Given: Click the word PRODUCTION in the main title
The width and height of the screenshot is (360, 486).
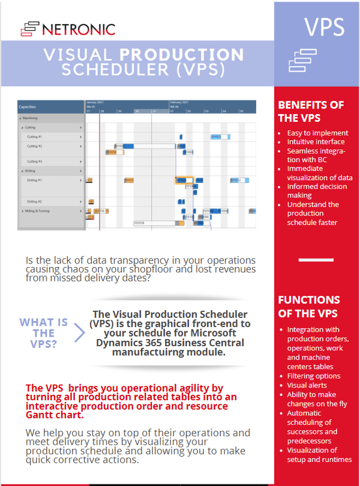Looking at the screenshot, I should [x=182, y=55].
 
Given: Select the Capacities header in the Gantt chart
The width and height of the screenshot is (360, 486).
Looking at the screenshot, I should [x=28, y=107].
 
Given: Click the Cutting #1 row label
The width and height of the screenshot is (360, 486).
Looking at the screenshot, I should [x=35, y=137].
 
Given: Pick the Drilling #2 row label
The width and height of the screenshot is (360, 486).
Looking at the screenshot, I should [x=35, y=202].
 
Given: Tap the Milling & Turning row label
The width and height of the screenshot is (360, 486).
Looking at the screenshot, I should [x=37, y=211].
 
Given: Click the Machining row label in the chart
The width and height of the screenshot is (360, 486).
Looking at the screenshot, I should [x=30, y=118].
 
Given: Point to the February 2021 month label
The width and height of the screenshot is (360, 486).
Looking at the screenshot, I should [x=179, y=102].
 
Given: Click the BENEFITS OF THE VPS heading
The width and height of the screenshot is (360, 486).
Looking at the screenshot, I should [x=310, y=111].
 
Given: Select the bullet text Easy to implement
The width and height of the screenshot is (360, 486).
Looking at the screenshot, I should [x=317, y=133].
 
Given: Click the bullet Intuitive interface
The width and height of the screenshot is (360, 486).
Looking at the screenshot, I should [x=316, y=142].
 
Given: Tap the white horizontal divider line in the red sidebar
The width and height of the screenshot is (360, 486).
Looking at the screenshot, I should [x=316, y=260].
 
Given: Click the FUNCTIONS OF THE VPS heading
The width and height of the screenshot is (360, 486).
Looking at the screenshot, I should [x=309, y=306].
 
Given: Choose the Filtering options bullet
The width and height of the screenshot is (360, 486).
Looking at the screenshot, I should [x=314, y=376].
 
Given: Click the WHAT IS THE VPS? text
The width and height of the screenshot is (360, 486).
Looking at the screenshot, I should [x=44, y=333].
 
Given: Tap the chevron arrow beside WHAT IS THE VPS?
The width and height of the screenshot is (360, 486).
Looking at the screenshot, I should [x=79, y=333].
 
